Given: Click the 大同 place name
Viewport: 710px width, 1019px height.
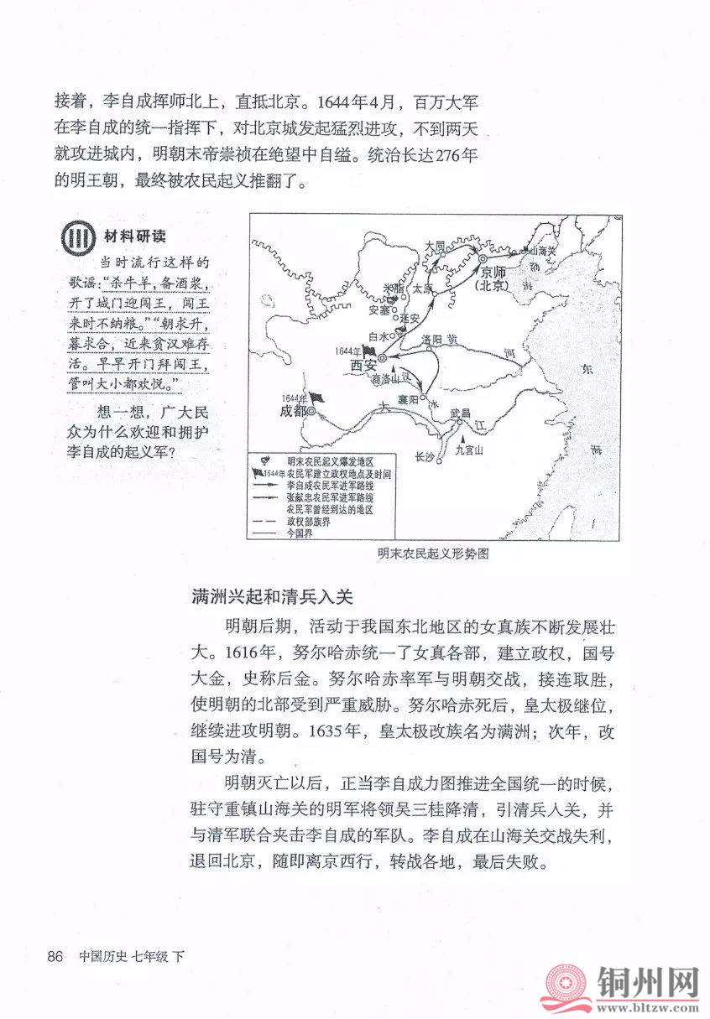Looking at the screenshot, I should pyautogui.click(x=435, y=245).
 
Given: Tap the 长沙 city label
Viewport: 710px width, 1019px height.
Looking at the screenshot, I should pyautogui.click(x=424, y=456).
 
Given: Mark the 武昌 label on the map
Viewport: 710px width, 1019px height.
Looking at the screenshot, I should pyautogui.click(x=461, y=413).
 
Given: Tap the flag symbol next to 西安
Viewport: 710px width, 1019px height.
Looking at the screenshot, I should pyautogui.click(x=370, y=351).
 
